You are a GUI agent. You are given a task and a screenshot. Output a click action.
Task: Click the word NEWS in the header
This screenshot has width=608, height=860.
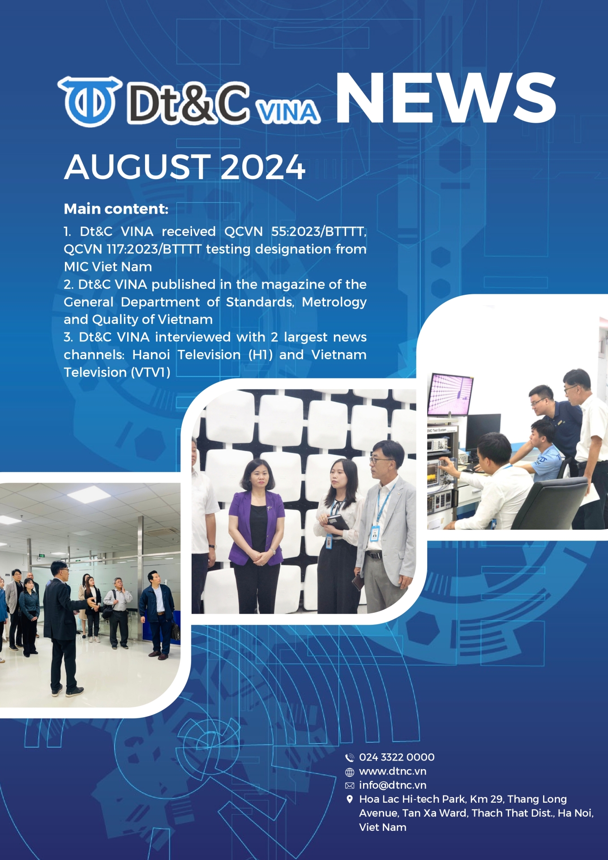446,98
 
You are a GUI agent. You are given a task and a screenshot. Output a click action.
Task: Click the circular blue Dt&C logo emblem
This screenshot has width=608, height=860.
90,101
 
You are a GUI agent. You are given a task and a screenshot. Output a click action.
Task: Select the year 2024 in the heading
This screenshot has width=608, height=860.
263,167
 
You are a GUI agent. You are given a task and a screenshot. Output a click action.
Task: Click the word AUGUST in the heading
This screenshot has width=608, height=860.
137,167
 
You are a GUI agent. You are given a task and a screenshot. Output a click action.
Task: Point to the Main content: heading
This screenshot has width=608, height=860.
116,209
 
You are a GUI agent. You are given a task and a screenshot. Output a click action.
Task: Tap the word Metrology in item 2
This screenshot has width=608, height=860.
334,302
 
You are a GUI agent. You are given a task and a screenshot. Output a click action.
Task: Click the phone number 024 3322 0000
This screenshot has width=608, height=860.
397,757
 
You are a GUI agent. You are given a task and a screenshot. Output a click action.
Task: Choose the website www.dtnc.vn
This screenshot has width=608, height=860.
393,771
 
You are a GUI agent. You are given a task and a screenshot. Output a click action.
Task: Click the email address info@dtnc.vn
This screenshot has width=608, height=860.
393,785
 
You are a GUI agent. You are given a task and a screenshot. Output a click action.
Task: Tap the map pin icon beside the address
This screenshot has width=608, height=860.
350,799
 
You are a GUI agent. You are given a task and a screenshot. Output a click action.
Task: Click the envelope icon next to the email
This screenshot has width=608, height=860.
350,786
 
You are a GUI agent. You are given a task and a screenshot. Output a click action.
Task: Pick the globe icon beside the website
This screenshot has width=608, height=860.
350,772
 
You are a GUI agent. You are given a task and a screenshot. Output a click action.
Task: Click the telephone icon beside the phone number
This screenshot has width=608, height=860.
350,757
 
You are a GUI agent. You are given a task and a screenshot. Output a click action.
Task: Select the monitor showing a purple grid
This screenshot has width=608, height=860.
450,394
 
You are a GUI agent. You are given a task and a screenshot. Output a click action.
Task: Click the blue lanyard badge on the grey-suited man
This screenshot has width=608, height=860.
374,533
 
